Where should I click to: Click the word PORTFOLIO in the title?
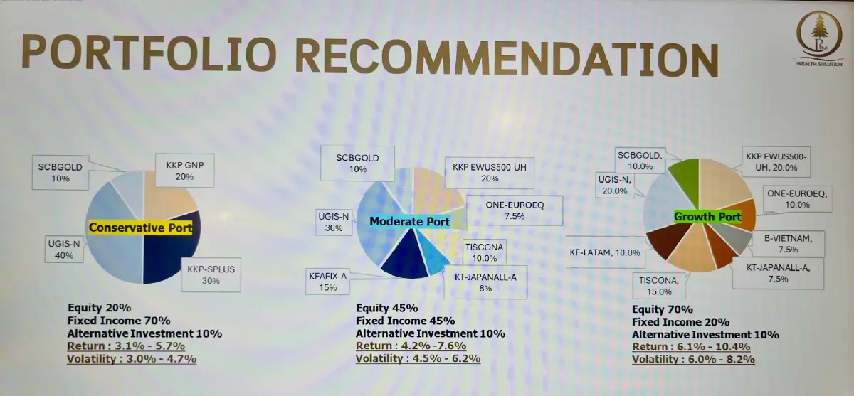pos(149,53)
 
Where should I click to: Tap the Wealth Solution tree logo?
pos(819,39)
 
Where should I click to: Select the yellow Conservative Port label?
pos(140,228)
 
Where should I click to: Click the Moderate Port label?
pos(409,221)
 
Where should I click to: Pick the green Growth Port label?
pos(707,217)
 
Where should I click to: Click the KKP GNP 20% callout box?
pos(184,171)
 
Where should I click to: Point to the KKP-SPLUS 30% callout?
pos(211,274)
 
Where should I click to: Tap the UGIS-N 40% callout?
pos(63,250)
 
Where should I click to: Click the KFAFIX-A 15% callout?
pos(327,282)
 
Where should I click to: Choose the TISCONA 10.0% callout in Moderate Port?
pos(484,252)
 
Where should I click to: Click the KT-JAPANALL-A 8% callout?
pos(485,282)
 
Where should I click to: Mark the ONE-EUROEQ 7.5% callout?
pos(515,210)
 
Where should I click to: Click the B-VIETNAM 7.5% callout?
pos(788,244)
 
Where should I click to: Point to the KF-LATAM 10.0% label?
pos(605,252)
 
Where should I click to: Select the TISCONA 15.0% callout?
pos(659,286)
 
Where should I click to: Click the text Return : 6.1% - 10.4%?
pos(691,347)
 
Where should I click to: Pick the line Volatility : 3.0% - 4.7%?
pos(132,359)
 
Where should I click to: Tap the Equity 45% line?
pos(386,308)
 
